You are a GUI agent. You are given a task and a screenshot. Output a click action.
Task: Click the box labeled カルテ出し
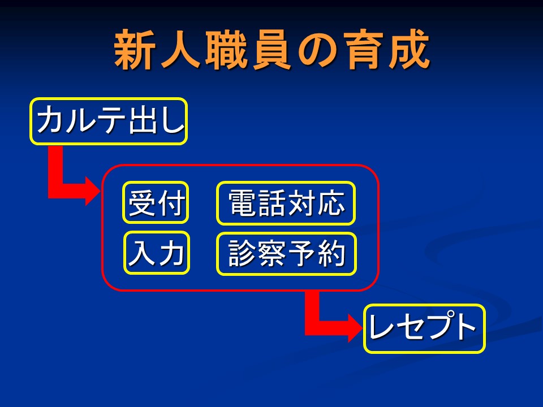[x=109, y=121]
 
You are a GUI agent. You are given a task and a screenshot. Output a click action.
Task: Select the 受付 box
[x=156, y=202]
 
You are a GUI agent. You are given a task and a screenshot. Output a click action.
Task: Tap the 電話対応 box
[x=286, y=203]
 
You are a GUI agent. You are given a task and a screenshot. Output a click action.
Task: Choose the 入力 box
[x=157, y=253]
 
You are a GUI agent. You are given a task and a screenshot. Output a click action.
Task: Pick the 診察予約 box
[x=286, y=254]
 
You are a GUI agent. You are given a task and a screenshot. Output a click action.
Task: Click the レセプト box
[x=424, y=328]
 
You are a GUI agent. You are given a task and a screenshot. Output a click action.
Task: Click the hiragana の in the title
[x=317, y=50]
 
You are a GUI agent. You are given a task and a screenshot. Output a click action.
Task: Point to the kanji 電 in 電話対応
[x=243, y=203]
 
